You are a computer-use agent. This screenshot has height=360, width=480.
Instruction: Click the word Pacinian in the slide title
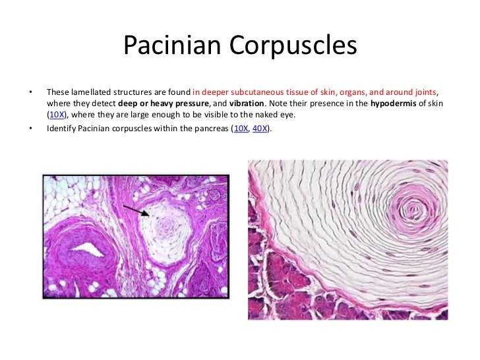point(172,47)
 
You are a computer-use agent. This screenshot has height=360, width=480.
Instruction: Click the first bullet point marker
point(28,92)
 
